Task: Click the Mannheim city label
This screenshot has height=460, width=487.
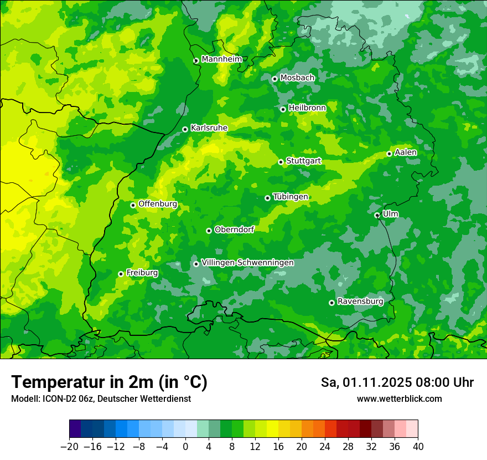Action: pyautogui.click(x=221, y=59)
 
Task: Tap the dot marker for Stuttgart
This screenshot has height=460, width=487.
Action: pyautogui.click(x=281, y=162)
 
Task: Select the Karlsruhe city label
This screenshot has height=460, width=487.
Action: pyautogui.click(x=209, y=128)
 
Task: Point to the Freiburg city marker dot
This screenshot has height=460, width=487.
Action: pyautogui.click(x=121, y=274)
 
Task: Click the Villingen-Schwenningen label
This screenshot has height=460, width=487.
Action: pyautogui.click(x=247, y=263)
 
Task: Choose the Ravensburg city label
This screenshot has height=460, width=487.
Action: pyautogui.click(x=360, y=301)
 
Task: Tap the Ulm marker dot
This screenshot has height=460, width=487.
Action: pyautogui.click(x=377, y=215)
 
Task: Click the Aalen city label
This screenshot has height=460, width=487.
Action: pyautogui.click(x=406, y=152)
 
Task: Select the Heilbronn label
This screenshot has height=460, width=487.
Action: pyautogui.click(x=307, y=108)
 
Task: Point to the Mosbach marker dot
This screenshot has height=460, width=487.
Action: pyautogui.click(x=274, y=79)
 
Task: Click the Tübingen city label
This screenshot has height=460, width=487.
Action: pyautogui.click(x=291, y=197)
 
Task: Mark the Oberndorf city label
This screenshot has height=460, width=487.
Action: pyautogui.click(x=234, y=229)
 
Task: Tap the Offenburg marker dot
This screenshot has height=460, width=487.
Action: pyautogui.click(x=133, y=205)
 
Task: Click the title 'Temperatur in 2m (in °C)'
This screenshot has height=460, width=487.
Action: pyautogui.click(x=109, y=382)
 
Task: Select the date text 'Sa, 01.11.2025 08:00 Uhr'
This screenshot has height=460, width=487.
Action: pyautogui.click(x=397, y=382)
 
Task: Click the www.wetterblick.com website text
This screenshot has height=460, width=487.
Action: pyautogui.click(x=399, y=398)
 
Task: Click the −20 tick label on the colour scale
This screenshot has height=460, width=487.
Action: pyautogui.click(x=69, y=447)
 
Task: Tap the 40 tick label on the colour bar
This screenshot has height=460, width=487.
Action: pyautogui.click(x=418, y=447)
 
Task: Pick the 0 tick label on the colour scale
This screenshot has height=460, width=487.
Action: pyautogui.click(x=185, y=447)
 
